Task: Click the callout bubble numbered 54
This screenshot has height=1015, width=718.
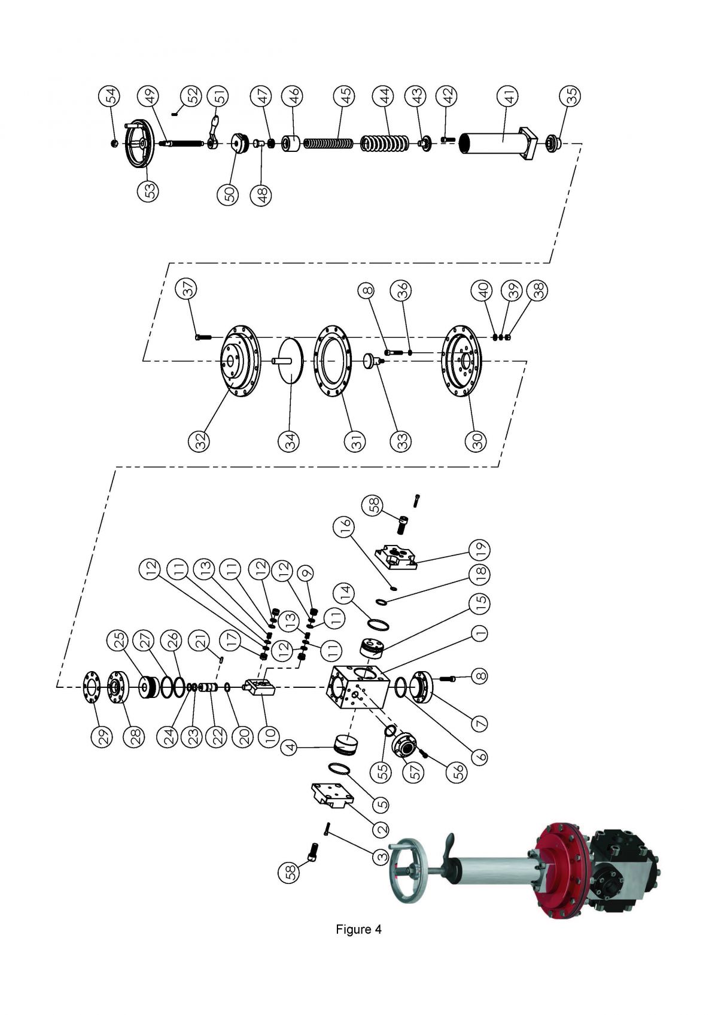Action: pyautogui.click(x=111, y=96)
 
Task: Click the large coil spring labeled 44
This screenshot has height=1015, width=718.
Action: pyautogui.click(x=385, y=144)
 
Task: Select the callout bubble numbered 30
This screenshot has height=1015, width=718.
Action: pyautogui.click(x=476, y=441)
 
